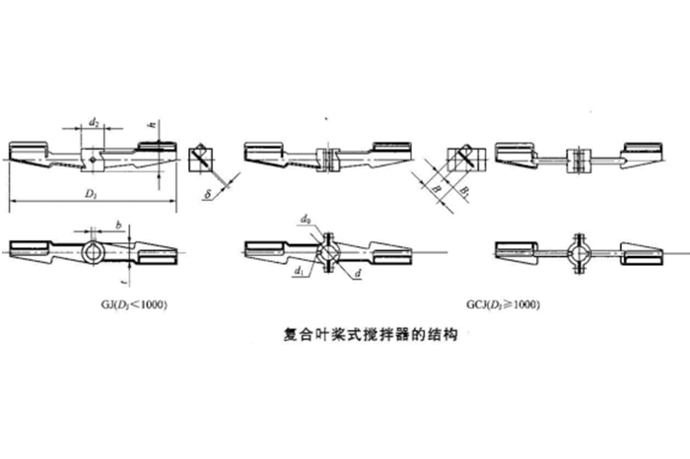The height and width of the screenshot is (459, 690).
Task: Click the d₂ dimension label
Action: (x=93, y=122)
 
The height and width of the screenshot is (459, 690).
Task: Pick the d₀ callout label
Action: (x=306, y=217)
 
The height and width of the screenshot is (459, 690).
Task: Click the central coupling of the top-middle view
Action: (x=329, y=158)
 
